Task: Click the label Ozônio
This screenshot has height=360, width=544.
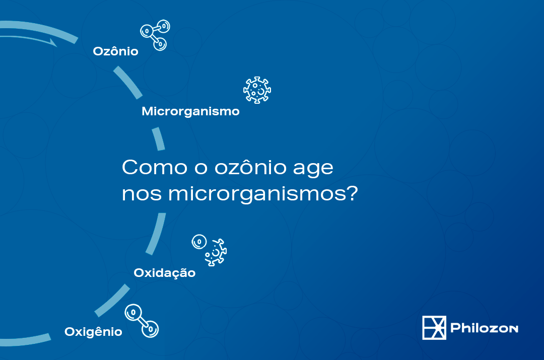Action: click(115, 51)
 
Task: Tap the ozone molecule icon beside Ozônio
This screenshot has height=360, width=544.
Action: click(154, 35)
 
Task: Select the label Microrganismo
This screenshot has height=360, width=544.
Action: click(190, 111)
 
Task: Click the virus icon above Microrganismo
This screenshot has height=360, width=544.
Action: click(257, 90)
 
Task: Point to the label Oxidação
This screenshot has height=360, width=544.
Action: click(164, 273)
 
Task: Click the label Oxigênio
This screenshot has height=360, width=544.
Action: click(93, 332)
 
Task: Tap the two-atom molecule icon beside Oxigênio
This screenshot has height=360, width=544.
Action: click(142, 320)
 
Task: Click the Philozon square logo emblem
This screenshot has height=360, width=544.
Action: click(434, 328)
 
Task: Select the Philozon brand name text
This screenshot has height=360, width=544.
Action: click(485, 328)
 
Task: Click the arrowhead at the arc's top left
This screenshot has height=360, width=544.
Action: click(52, 42)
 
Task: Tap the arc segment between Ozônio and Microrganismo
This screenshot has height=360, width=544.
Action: click(127, 83)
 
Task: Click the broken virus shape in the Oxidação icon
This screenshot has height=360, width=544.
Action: click(216, 252)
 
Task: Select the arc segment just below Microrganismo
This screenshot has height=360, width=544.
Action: click(159, 138)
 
